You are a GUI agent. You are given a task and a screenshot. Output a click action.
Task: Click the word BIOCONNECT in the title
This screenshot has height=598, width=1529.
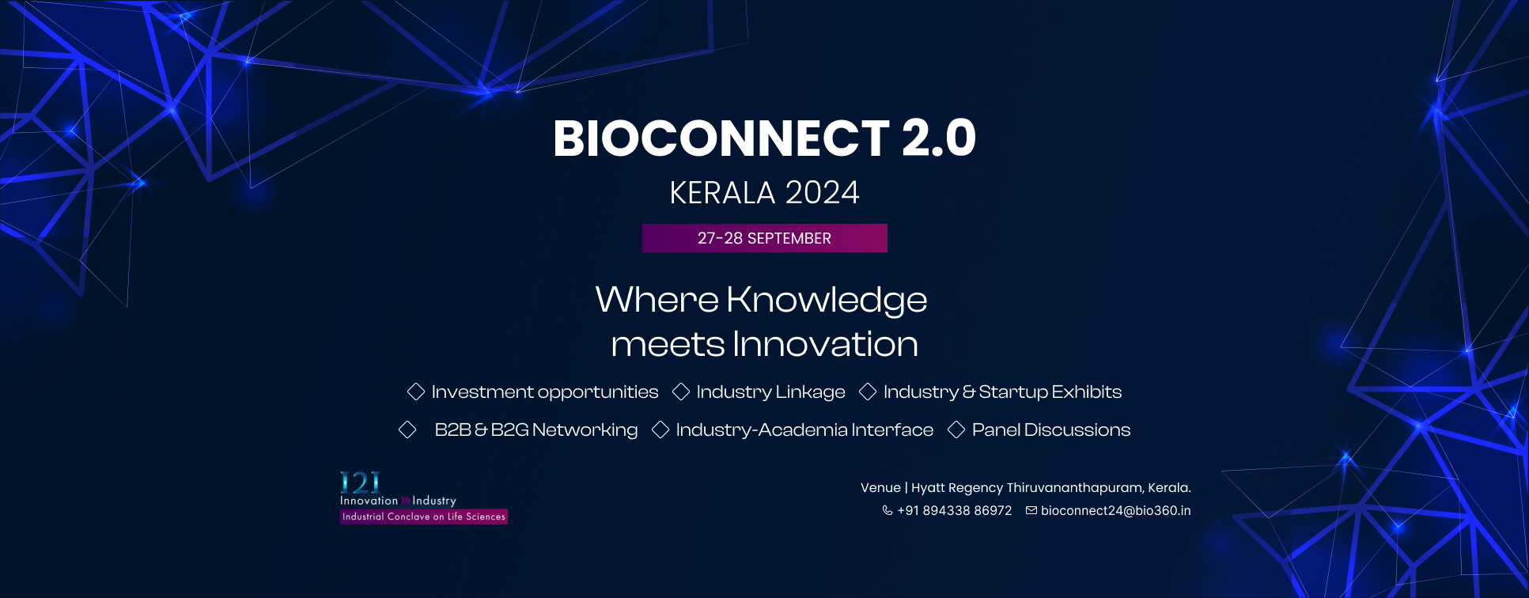coord(721,138)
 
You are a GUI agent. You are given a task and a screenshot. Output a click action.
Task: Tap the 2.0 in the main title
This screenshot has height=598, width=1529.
coord(939,138)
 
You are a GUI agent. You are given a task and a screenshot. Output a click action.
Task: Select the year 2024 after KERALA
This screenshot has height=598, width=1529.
coord(823,193)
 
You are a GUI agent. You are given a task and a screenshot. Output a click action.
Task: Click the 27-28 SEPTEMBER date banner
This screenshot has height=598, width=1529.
coord(765,238)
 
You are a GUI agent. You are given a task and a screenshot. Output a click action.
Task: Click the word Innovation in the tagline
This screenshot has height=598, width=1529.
coord(825,344)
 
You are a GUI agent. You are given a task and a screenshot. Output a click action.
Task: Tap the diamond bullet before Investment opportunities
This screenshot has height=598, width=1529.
coord(416,392)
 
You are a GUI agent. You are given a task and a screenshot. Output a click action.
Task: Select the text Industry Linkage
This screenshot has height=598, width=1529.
coord(770,392)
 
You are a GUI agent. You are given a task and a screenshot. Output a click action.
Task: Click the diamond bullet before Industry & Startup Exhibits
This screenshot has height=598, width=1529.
coord(868,392)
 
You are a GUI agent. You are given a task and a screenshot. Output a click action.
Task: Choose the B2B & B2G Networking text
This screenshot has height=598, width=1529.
coord(536,430)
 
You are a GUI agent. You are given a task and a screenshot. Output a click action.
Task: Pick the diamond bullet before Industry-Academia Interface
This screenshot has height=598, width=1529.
coord(660,430)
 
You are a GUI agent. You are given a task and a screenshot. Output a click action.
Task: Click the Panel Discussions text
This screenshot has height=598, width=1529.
coord(1051,430)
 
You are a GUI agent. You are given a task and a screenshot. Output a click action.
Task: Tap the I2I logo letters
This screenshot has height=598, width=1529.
coord(360,483)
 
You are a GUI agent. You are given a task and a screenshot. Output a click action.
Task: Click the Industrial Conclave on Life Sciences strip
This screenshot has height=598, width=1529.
coord(424,517)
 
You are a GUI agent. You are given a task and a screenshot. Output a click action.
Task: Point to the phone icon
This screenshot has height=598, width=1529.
coord(888,510)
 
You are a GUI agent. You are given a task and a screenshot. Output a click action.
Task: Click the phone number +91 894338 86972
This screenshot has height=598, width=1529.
coord(955,511)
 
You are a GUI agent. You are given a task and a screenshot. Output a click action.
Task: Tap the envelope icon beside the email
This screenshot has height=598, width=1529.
coord(1031,510)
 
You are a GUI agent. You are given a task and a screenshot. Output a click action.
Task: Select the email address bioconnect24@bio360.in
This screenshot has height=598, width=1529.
coord(1116,511)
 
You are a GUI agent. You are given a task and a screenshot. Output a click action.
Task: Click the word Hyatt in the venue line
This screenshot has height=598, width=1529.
coord(928,488)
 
